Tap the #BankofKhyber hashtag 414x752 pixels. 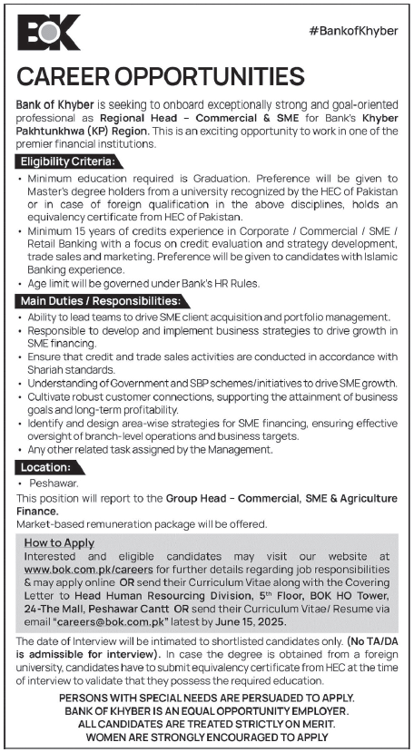pyautogui.click(x=353, y=31)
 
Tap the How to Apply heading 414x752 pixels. pyautogui.click(x=60, y=542)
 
